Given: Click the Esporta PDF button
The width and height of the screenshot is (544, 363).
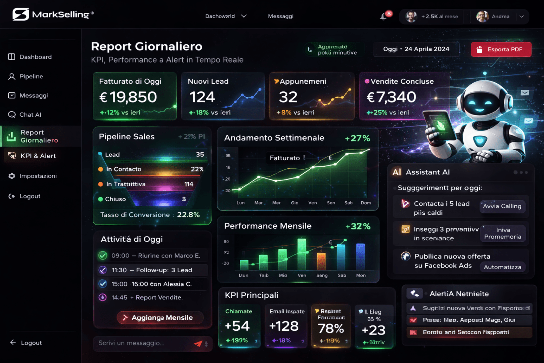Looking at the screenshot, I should (501, 49).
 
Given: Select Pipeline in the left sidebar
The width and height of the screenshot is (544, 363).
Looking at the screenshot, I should (31, 76).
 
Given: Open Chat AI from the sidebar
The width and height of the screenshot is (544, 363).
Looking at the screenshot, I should (30, 115).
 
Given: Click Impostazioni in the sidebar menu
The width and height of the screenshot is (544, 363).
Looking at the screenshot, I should (38, 176).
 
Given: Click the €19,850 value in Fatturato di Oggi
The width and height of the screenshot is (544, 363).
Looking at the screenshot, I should (128, 97).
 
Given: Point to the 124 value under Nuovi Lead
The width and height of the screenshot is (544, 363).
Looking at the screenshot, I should (202, 97).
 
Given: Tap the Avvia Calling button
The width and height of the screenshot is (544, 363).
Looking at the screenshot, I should (502, 206).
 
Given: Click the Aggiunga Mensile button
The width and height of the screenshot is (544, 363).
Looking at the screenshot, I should (160, 318).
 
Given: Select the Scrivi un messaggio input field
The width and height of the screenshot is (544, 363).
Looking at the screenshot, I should (144, 343).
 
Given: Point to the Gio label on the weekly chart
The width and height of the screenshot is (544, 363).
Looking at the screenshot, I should (294, 203).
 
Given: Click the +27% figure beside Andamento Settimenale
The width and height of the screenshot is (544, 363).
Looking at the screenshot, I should (357, 138).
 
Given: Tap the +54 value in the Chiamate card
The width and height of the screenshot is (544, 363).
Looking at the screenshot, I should (237, 326).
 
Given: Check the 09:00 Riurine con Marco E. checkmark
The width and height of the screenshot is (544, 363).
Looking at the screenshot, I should (103, 256).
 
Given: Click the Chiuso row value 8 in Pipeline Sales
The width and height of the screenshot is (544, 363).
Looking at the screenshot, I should (184, 199).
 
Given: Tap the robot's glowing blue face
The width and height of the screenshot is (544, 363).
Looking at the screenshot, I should (479, 101).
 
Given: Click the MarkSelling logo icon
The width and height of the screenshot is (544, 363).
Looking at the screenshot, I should (21, 14).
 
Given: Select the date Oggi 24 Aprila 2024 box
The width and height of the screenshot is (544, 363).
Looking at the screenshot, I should (416, 49).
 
